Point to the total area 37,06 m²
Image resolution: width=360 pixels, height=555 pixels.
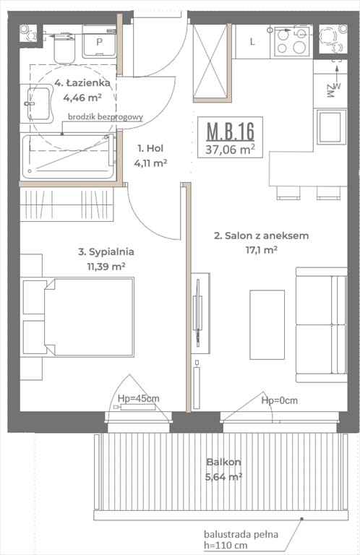click(231, 150)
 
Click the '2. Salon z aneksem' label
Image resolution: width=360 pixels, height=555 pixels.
click(261, 236)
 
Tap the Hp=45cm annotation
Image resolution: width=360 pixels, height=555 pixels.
click(139, 398)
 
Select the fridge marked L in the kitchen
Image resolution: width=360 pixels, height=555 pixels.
click(252, 41)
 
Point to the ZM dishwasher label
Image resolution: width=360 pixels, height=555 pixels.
click(330, 90)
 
